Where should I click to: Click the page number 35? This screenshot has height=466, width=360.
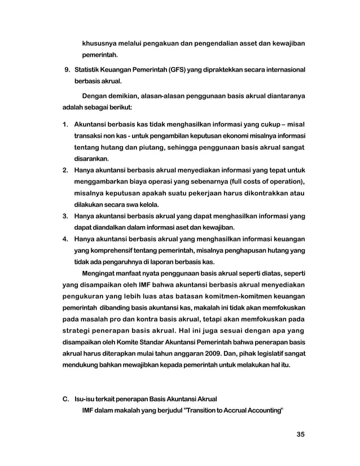300,434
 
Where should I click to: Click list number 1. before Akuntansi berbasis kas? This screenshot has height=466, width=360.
65,124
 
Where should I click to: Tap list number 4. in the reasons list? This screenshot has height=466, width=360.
65,239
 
